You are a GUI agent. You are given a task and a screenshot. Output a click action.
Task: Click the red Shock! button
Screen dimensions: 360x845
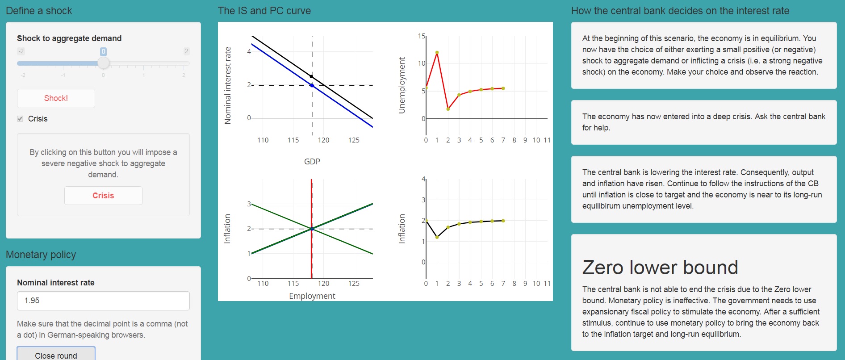click(56, 98)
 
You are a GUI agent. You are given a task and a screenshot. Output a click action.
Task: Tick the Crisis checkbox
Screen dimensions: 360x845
click(20, 119)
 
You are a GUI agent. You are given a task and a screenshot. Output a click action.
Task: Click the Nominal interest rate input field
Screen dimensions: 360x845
click(103, 301)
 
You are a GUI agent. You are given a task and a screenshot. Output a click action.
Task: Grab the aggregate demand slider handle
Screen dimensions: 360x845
click(103, 63)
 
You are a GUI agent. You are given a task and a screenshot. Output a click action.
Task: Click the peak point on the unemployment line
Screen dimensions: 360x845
click(437, 53)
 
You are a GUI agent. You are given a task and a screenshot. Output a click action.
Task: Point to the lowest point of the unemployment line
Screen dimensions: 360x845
click(448, 109)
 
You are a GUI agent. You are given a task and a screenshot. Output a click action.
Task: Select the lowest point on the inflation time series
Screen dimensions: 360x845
click(437, 237)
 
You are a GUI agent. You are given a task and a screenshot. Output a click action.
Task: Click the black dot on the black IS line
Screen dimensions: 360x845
click(311, 77)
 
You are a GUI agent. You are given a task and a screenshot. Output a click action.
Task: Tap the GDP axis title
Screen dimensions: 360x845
click(312, 161)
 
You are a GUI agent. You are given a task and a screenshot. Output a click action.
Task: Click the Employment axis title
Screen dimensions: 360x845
click(312, 296)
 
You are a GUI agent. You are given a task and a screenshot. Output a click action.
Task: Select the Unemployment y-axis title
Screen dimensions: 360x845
click(402, 85)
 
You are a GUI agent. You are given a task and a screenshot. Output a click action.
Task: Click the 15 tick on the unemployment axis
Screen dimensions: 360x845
click(421, 36)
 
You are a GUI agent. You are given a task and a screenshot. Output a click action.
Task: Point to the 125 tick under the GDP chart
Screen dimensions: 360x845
click(354, 140)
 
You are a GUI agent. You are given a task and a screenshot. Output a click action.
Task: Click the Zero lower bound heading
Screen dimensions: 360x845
click(660, 268)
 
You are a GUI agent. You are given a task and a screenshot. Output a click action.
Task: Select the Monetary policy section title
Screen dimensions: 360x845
click(41, 255)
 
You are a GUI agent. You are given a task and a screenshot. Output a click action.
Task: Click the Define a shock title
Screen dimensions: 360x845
click(39, 11)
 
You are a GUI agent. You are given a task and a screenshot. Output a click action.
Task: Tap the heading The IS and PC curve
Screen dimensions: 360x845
click(264, 11)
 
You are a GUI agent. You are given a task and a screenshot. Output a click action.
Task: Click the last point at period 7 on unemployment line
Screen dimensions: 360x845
click(503, 88)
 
